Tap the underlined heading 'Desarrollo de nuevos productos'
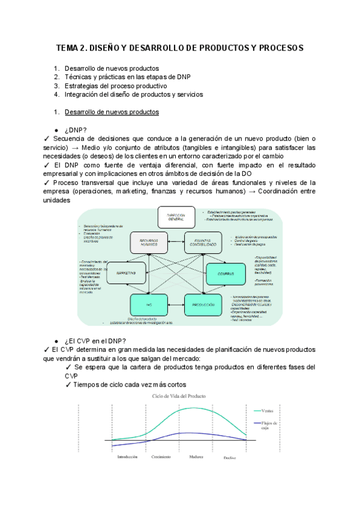(x=112, y=112)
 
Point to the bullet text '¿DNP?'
(x=76, y=130)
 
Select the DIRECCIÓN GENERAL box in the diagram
(x=176, y=217)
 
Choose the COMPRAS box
(x=226, y=274)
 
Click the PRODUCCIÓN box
(x=203, y=305)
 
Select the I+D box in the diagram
(x=148, y=305)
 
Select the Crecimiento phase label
(x=161, y=457)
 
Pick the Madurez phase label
(x=194, y=457)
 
